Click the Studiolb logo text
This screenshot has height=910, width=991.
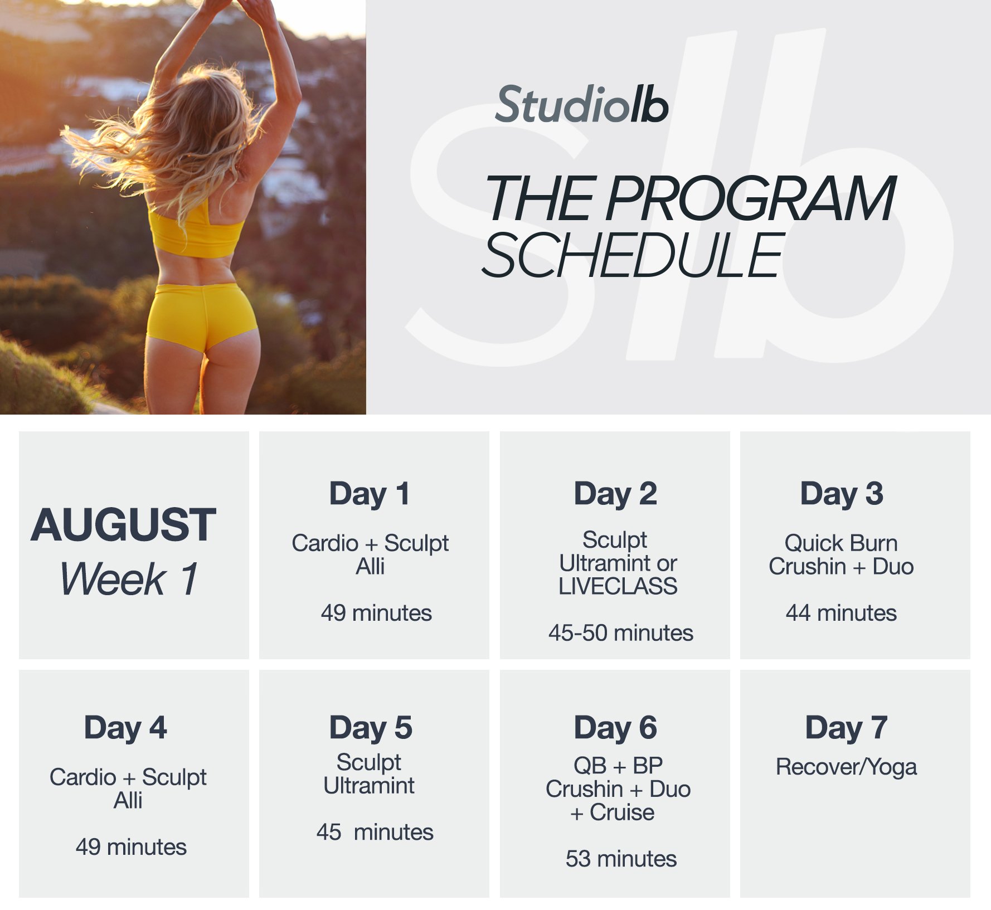point(581,105)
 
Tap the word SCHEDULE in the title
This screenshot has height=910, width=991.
point(633,256)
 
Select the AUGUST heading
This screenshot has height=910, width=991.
point(123,525)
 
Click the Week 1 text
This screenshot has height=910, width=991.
point(129,580)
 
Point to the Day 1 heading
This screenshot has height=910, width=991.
point(370,494)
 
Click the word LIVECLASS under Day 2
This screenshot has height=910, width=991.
point(618,586)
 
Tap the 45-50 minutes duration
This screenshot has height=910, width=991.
point(620,633)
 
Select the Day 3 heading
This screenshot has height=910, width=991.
point(841,494)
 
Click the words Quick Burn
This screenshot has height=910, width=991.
point(841,543)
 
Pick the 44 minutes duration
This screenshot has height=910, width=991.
point(841,613)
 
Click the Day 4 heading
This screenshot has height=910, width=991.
point(125,728)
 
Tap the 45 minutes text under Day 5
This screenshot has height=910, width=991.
point(375,832)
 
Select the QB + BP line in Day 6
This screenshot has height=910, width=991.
point(618,766)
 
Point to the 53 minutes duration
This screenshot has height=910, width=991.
point(620,859)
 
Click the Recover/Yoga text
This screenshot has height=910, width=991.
point(846,767)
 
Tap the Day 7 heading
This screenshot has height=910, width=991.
point(846,728)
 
